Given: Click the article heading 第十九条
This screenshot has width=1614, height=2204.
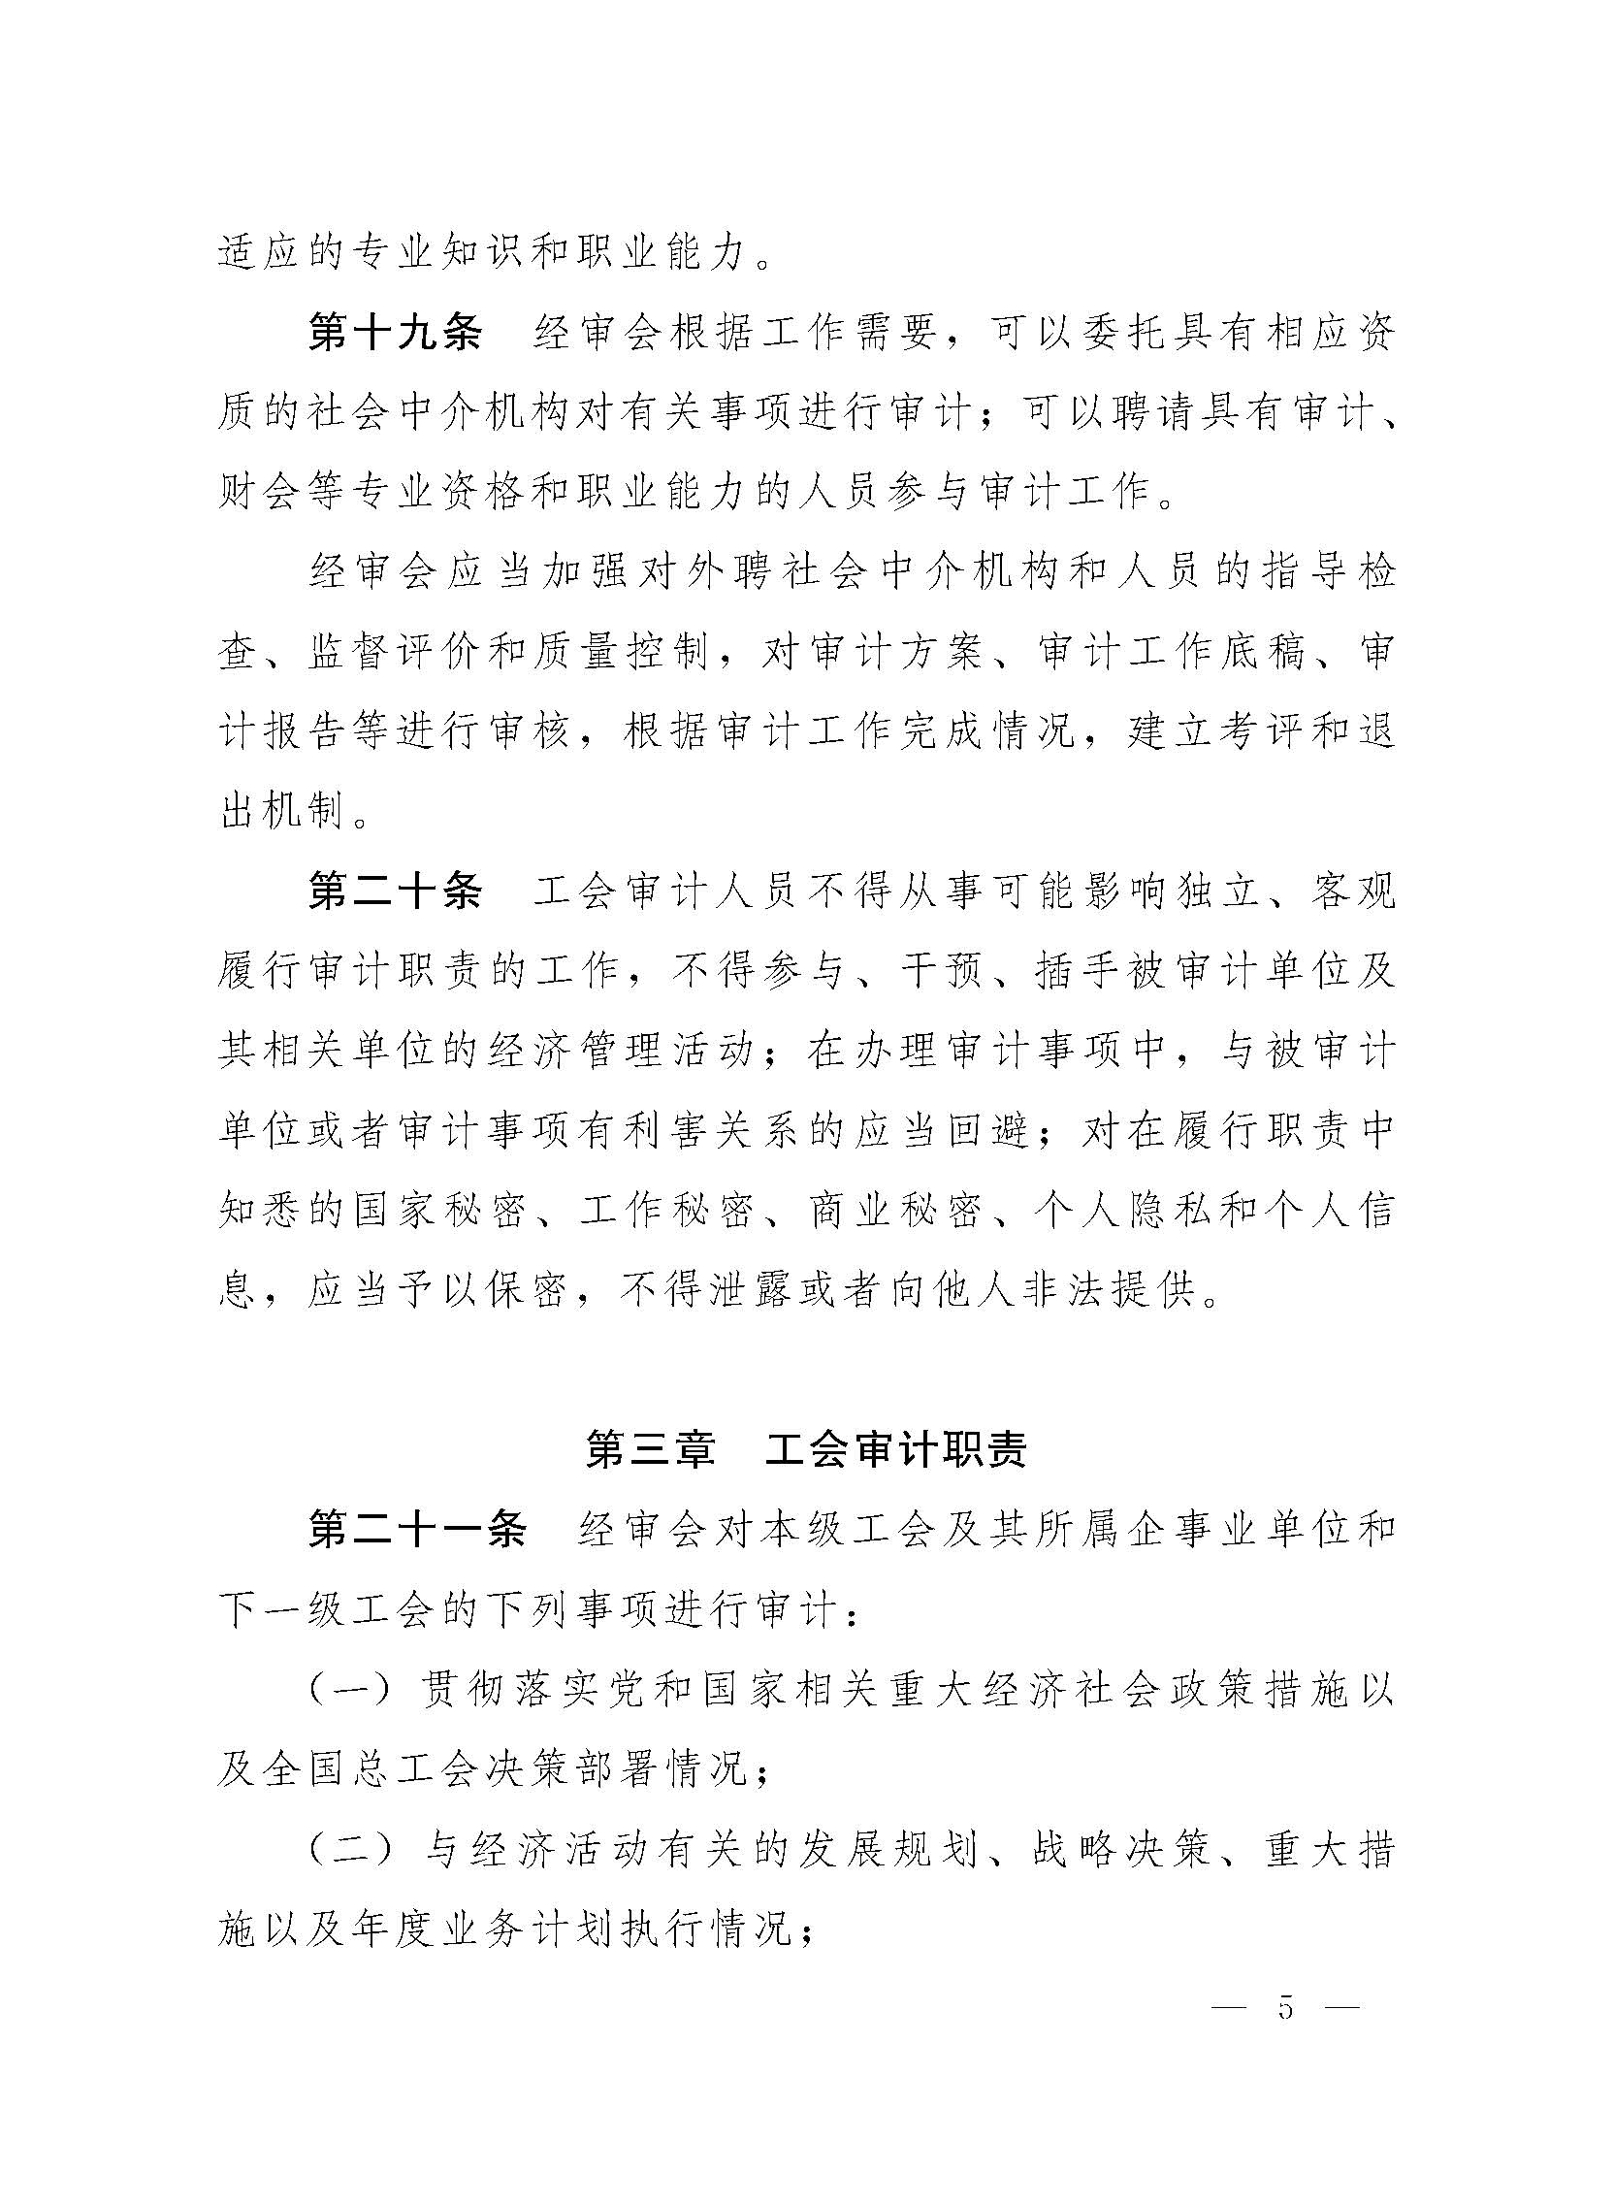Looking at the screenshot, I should pos(395,334).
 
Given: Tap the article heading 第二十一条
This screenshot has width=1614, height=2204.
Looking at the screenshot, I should pos(417,1531).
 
